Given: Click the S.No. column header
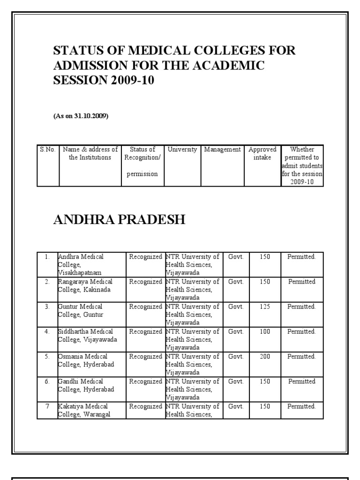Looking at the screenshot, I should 47,150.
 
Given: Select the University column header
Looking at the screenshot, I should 182,150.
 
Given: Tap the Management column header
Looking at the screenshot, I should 222,150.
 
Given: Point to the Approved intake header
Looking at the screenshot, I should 262,153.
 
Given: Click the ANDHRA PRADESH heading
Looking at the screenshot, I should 120,219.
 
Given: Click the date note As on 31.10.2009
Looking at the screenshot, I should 81,116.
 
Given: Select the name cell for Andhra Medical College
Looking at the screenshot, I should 81,264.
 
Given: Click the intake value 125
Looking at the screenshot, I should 265,307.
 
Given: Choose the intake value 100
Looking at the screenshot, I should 265,331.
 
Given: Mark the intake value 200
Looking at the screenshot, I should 265,356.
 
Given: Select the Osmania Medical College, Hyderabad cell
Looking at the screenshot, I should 85,360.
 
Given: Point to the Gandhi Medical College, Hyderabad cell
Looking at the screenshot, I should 85,385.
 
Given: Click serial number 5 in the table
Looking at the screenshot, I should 47,356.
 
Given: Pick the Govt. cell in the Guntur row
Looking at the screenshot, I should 236,307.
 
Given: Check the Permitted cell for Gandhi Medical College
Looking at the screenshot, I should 302,382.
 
